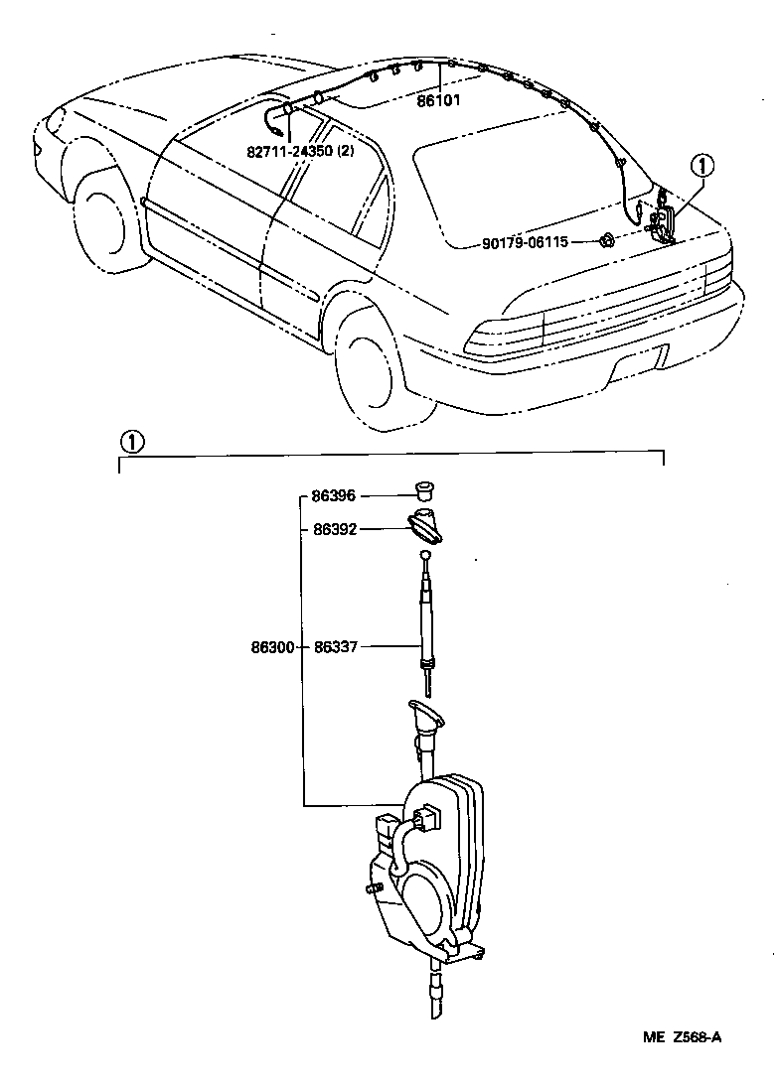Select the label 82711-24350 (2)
301,152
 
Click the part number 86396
333,494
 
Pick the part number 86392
334,529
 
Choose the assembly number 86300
271,646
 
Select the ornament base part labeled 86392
425,524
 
